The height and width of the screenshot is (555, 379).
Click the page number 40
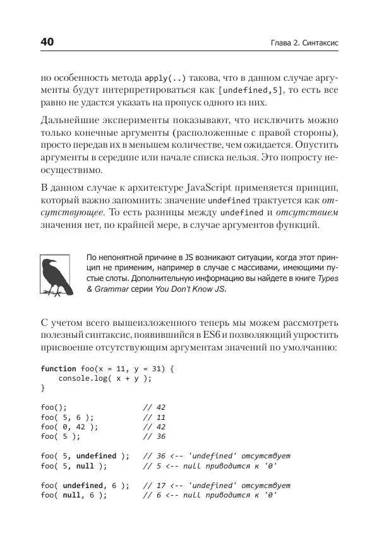pyautogui.click(x=47, y=42)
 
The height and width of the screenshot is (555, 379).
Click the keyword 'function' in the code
pyautogui.click(x=58, y=368)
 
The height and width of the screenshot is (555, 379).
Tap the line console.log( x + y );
pyautogui.click(x=105, y=378)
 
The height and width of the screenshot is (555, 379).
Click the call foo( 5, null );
pyautogui.click(x=74, y=465)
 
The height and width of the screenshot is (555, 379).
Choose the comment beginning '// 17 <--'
pyautogui.click(x=216, y=485)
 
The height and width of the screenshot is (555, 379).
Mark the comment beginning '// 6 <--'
pyautogui.click(x=210, y=495)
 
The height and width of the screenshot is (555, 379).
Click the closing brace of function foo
pyautogui.click(x=43, y=388)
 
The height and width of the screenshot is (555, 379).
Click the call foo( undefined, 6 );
pyautogui.click(x=85, y=485)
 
